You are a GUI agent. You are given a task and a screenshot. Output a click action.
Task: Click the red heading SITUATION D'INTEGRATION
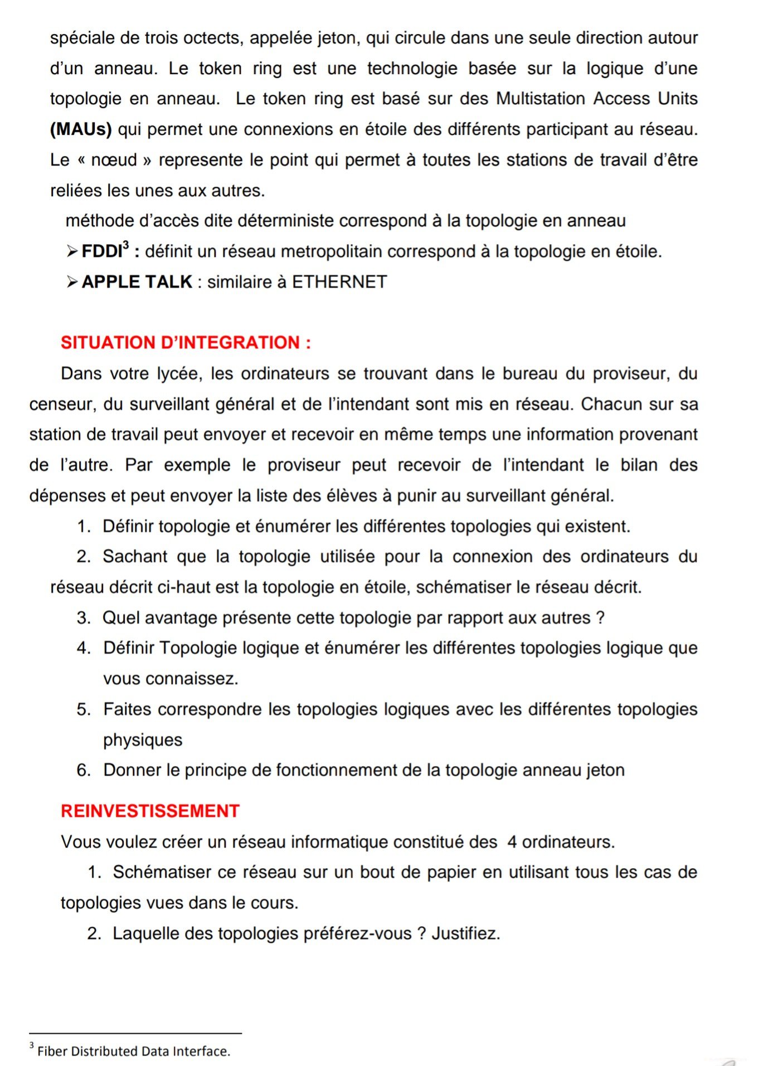point(186,342)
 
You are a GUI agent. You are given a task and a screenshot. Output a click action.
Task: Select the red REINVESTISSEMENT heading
point(150,811)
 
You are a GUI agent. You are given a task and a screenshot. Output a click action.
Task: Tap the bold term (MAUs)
point(81,129)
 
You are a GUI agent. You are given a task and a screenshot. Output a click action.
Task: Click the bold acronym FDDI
point(101,252)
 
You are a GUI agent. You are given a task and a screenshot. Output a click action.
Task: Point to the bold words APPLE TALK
point(137,282)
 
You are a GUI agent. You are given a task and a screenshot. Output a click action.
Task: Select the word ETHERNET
point(339,282)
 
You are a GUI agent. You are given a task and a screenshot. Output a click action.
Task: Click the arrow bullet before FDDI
point(72,252)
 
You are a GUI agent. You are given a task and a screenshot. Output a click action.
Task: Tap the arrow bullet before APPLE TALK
point(72,282)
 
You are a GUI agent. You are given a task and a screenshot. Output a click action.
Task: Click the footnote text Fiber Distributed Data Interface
point(133,1051)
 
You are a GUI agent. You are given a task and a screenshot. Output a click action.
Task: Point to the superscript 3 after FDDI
point(125,245)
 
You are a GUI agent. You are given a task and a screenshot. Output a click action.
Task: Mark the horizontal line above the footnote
point(135,1033)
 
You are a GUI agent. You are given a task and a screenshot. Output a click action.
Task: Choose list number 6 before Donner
point(84,770)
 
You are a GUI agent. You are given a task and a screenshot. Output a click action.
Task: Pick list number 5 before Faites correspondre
point(84,709)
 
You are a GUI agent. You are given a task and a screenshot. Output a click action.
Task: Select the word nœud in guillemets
point(114,160)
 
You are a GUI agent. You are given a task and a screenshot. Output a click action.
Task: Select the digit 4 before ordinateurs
point(512,842)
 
